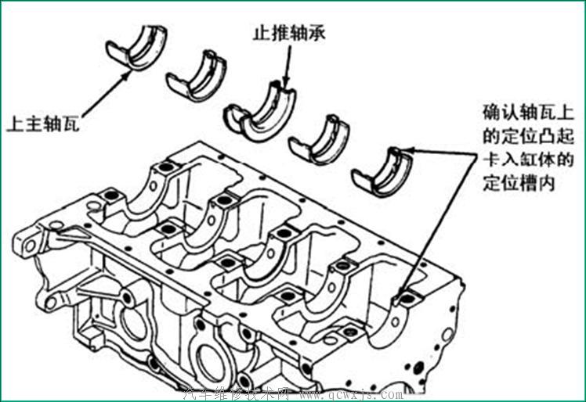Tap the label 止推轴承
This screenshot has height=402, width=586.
click(283, 34)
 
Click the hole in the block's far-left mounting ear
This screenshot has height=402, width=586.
click(31, 245)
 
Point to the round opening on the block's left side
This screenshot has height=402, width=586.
click(128, 321)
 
